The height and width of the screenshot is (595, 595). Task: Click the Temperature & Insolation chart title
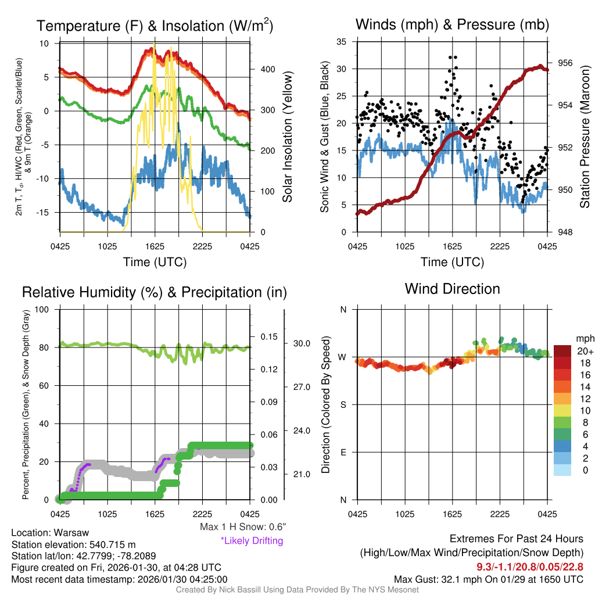tap(155, 26)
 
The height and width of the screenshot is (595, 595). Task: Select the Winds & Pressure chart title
tap(452, 24)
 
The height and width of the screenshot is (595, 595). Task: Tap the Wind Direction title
tap(452, 289)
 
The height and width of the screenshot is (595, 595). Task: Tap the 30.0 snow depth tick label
tap(301, 343)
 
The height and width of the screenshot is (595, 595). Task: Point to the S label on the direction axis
tap(343, 404)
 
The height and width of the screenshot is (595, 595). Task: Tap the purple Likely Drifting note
tap(252, 540)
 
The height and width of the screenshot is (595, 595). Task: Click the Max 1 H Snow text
tap(242, 527)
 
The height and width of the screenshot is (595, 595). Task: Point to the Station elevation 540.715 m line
tap(73, 544)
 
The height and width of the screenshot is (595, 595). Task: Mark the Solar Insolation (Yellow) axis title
tap(287, 137)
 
